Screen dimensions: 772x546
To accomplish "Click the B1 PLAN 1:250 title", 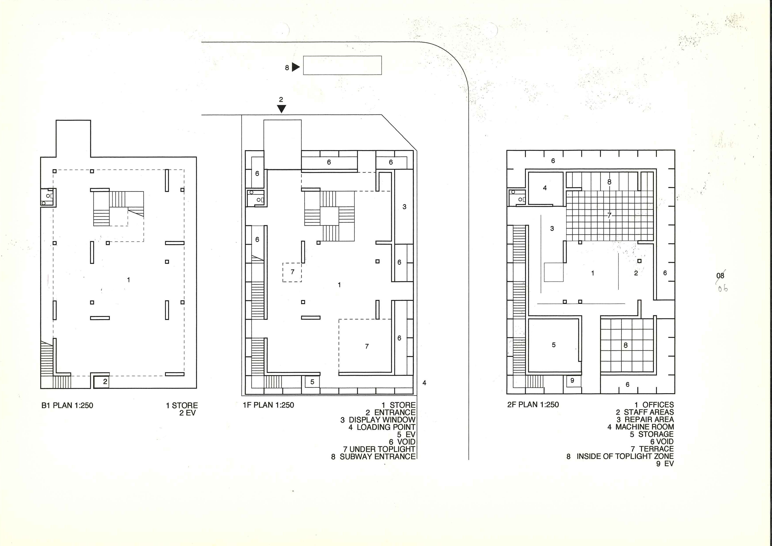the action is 67,405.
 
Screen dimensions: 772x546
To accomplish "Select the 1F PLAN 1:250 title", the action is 268,405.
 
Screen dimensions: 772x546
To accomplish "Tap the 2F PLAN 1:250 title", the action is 533,405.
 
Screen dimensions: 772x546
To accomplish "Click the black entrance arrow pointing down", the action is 281,109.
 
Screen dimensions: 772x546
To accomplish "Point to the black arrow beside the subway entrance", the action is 296,67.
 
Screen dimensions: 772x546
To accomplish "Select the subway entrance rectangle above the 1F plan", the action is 342,65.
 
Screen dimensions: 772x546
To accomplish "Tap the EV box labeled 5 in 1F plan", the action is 312,382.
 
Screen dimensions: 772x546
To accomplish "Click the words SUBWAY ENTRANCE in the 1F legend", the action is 378,457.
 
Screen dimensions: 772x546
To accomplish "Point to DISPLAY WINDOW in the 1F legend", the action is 382,420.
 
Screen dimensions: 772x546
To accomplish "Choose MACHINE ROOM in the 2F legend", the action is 645,427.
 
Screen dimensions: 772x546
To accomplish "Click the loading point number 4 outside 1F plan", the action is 424,383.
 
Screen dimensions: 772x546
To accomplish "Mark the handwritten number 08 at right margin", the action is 720,275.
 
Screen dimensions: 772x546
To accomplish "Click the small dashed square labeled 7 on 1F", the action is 292,272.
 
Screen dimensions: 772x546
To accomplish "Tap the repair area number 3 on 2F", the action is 552,229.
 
